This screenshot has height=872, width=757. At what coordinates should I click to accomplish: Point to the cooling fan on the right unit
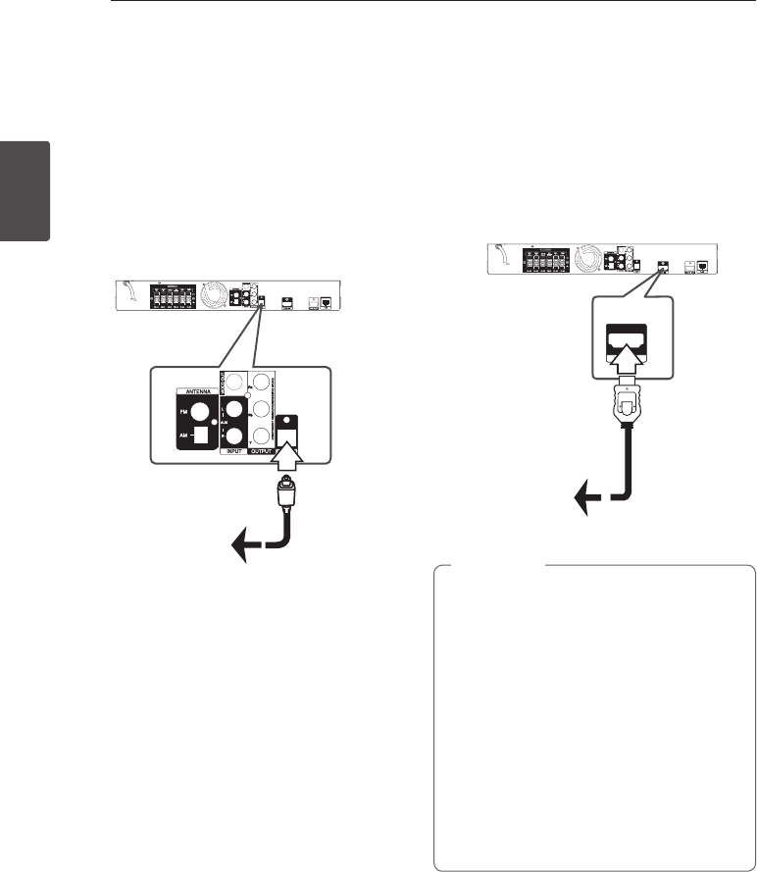click(592, 259)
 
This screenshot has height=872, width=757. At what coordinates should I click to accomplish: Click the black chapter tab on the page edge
click(25, 191)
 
